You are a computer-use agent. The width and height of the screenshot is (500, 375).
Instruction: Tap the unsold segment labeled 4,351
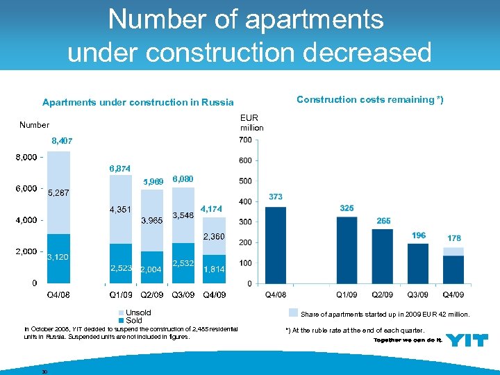(121, 209)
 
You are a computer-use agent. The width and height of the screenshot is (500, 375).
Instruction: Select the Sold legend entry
(133, 321)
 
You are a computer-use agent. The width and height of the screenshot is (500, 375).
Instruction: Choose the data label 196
(418, 235)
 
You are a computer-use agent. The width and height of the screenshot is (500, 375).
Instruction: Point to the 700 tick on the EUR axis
(245, 140)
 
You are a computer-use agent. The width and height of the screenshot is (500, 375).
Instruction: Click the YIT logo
(466, 340)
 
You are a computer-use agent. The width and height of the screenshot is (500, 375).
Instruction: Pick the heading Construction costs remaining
(369, 99)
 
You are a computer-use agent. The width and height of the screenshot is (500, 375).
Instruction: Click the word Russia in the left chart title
(219, 103)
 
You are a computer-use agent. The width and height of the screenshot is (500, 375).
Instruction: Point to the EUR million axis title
(251, 123)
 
